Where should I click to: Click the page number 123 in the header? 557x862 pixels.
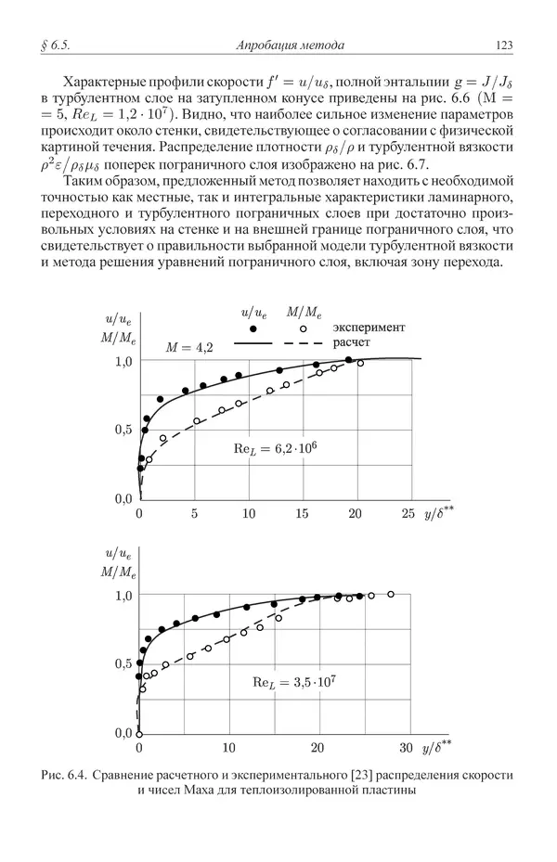pos(505,45)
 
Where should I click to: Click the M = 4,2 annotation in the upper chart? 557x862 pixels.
pos(189,348)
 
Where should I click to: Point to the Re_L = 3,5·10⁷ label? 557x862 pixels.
pos(294,682)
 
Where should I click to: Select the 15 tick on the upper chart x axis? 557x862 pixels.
pos(301,513)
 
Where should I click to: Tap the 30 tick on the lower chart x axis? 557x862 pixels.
pos(406,747)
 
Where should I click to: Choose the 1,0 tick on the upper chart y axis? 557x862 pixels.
pos(123,360)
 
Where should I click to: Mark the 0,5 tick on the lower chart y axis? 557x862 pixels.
pos(123,663)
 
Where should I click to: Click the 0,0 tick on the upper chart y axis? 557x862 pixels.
pos(123,499)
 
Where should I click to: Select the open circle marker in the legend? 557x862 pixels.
pos(303,328)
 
